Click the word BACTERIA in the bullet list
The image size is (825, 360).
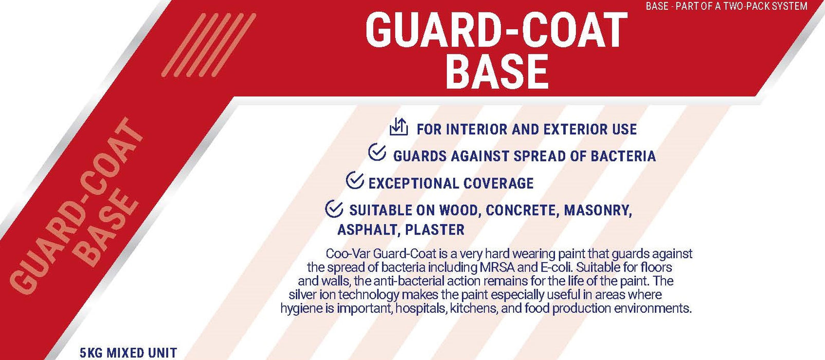point(623,156)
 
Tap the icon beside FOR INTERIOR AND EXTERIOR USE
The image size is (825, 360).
point(399,127)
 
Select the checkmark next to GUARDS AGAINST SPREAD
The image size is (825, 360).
point(377,153)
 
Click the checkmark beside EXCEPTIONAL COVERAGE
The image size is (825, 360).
point(355,181)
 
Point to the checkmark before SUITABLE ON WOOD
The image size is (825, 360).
point(334,208)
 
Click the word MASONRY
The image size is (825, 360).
point(598,210)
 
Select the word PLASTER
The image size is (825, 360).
point(435,230)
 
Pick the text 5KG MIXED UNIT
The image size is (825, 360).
point(128,353)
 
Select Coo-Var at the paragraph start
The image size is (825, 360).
point(348,254)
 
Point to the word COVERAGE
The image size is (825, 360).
point(498,183)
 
